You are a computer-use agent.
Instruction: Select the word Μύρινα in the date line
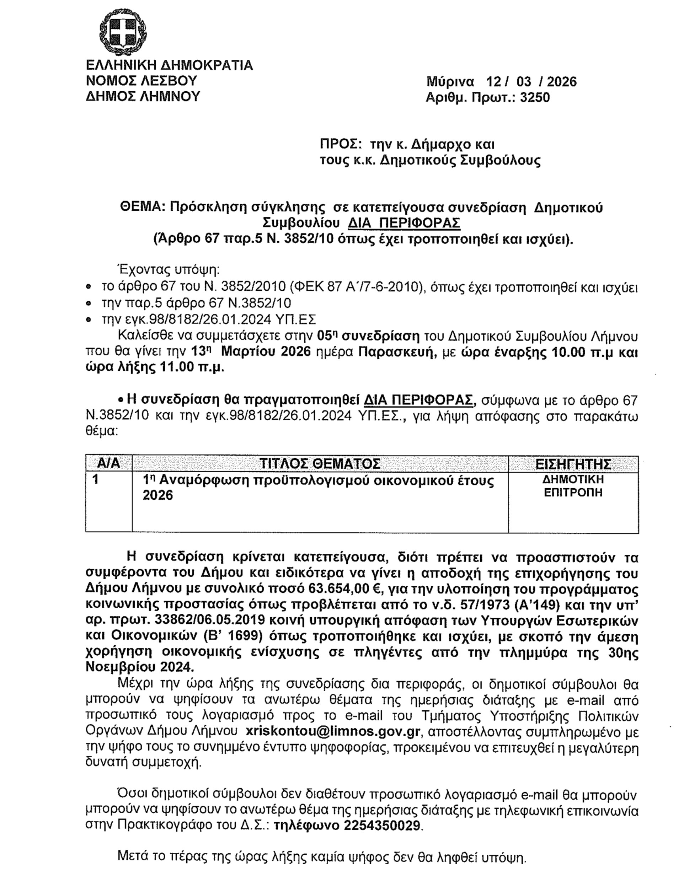tap(450, 82)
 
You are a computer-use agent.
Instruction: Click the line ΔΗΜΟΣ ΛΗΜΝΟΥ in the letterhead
tap(143, 96)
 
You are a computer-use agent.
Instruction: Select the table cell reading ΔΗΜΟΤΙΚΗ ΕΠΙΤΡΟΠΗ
tap(573, 486)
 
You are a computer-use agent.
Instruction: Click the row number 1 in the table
tap(96, 479)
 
